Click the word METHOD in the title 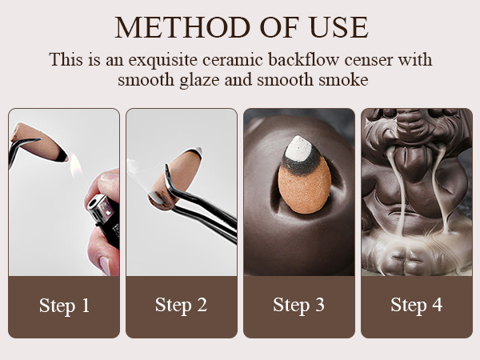pyautogui.click(x=182, y=27)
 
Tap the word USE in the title pyautogui.click(x=339, y=27)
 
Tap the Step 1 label pyautogui.click(x=64, y=306)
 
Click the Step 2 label pyautogui.click(x=182, y=306)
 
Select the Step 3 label pyautogui.click(x=298, y=306)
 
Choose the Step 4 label pyautogui.click(x=417, y=306)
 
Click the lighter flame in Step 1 pyautogui.click(x=76, y=166)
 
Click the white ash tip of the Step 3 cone pyautogui.click(x=298, y=148)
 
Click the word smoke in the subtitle pyautogui.click(x=343, y=80)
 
